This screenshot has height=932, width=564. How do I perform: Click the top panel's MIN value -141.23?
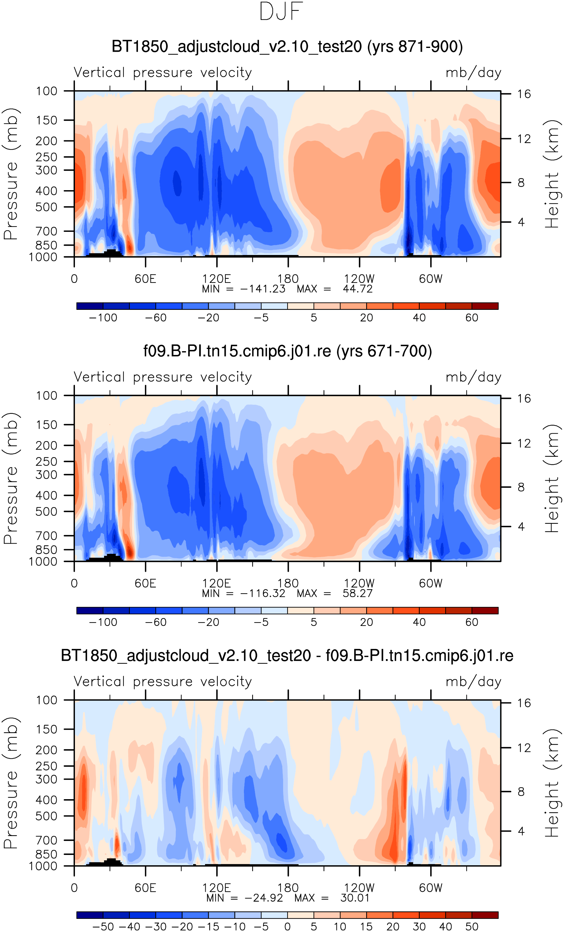pyautogui.click(x=263, y=289)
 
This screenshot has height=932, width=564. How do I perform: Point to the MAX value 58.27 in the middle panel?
pyautogui.click(x=357, y=593)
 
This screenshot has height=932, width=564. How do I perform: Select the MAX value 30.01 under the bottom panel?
pyautogui.click(x=355, y=898)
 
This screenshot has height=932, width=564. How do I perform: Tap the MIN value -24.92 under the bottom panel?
pyautogui.click(x=263, y=898)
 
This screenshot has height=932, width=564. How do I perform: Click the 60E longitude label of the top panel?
pyautogui.click(x=145, y=279)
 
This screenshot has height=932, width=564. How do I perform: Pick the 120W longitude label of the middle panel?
pyautogui.click(x=359, y=583)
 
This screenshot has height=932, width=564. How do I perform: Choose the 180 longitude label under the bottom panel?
pyautogui.click(x=288, y=888)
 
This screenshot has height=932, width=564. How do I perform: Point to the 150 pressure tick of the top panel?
pyautogui.click(x=47, y=120)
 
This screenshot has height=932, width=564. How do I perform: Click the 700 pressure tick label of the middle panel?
pyautogui.click(x=47, y=536)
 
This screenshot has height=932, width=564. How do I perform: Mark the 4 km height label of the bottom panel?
pyautogui.click(x=521, y=831)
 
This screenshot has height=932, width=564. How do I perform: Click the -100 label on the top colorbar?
pyautogui.click(x=103, y=318)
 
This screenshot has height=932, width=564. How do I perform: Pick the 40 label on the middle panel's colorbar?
pyautogui.click(x=419, y=622)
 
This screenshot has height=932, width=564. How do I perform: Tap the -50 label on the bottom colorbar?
pyautogui.click(x=103, y=927)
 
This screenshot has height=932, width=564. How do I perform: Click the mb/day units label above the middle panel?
pyautogui.click(x=473, y=377)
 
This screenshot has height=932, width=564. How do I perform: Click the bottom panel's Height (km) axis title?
pyautogui.click(x=552, y=783)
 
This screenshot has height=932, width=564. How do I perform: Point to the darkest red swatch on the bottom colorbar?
pyautogui.click(x=485, y=915)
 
